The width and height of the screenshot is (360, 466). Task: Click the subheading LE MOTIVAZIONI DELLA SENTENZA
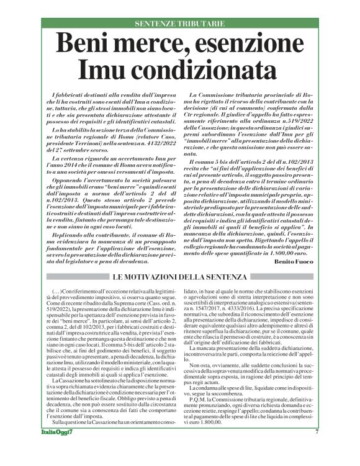point(179,276)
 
